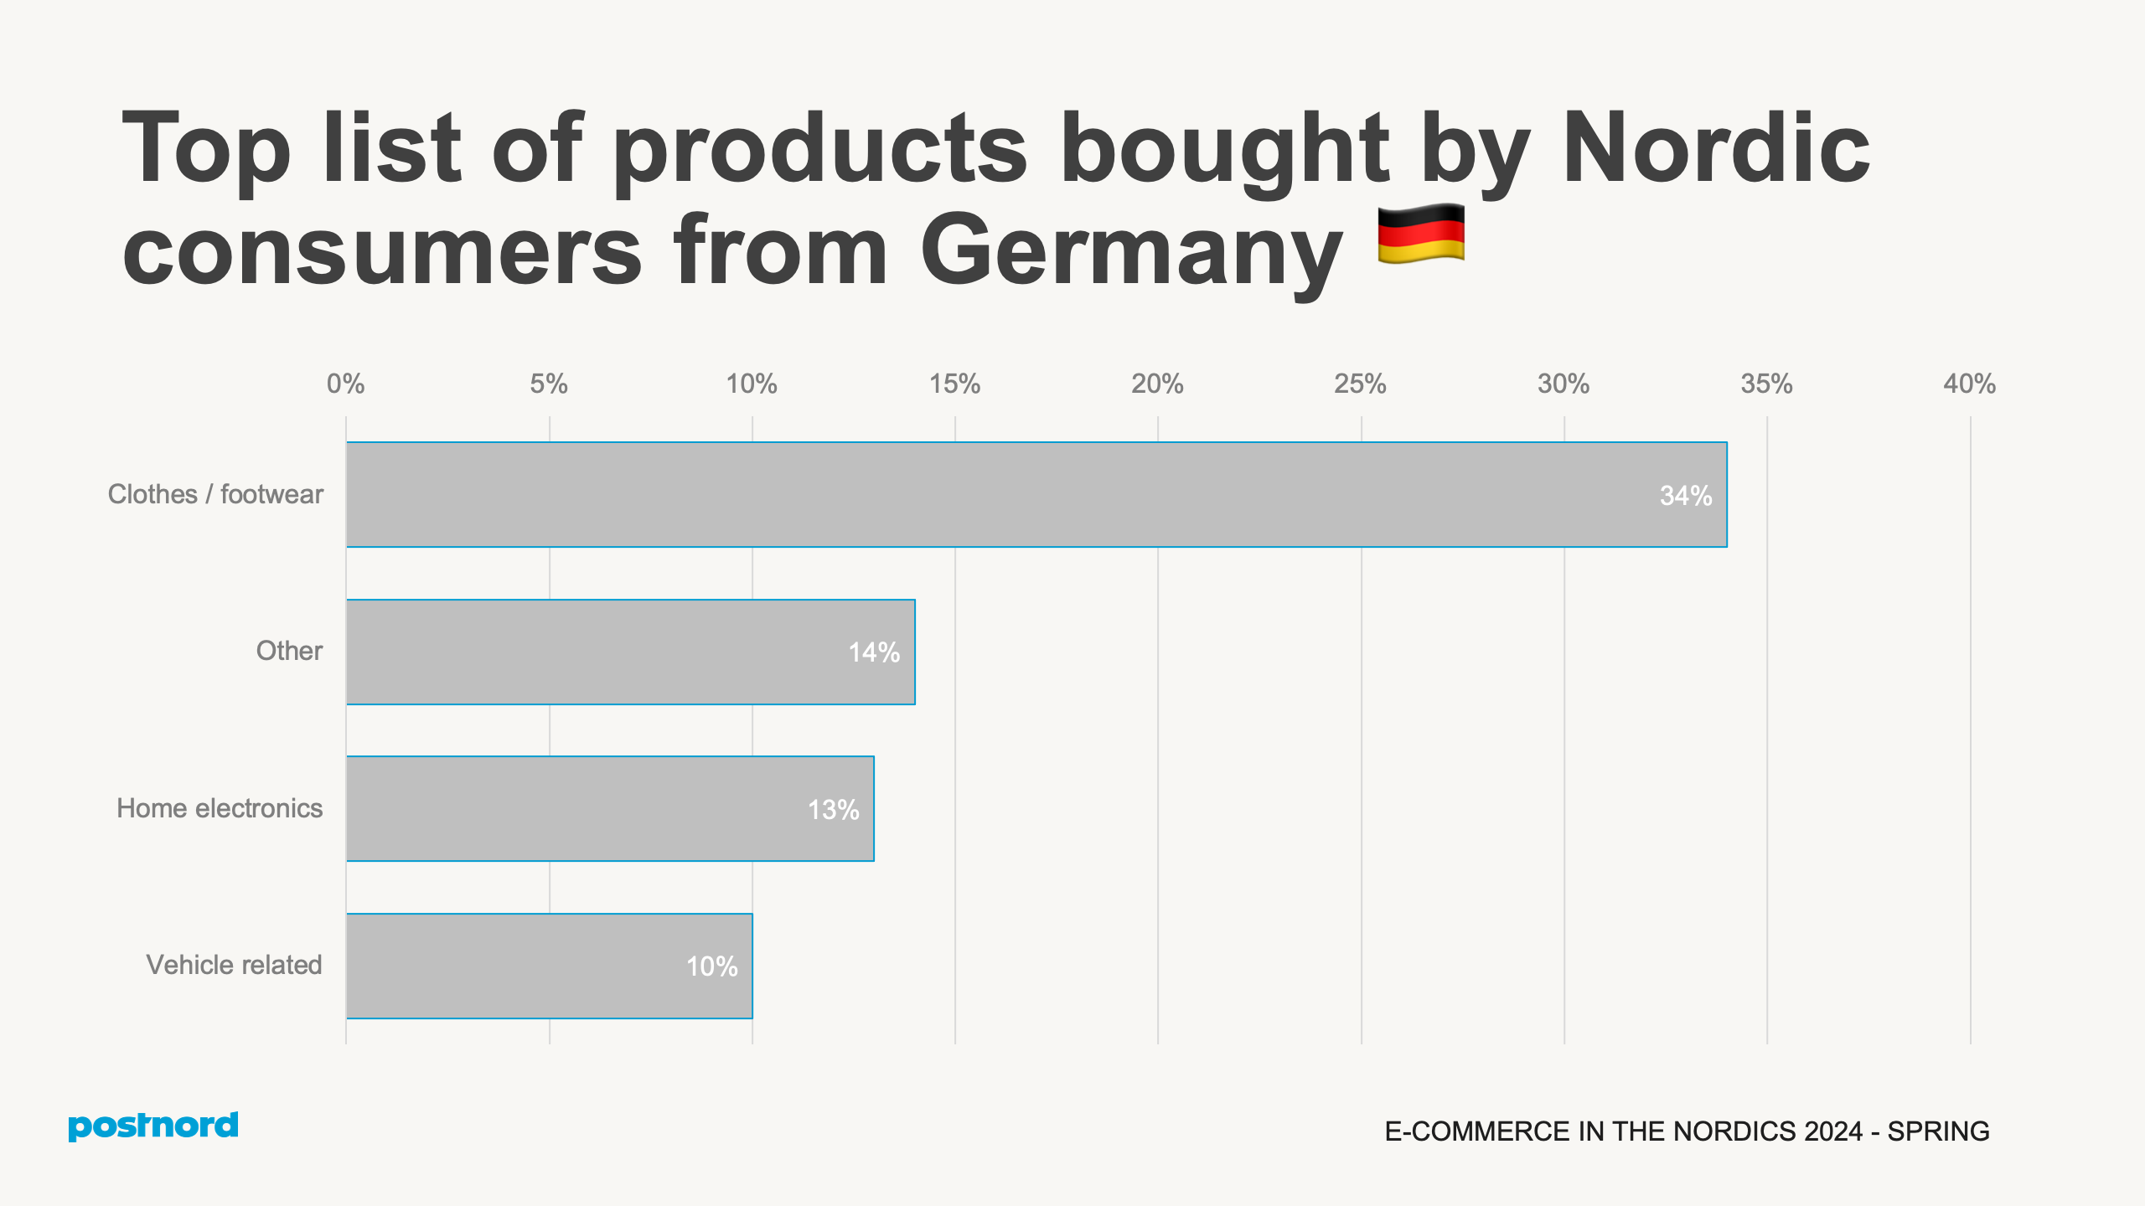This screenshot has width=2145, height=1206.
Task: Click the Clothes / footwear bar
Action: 1036,494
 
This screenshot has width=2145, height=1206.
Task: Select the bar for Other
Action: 630,652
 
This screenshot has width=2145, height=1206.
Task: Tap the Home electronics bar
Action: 610,808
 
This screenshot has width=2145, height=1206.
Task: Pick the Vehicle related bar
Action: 549,966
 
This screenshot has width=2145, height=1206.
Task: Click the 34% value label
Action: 1685,496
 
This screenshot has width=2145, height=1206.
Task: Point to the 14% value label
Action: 874,652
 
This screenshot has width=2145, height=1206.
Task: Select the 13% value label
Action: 833,810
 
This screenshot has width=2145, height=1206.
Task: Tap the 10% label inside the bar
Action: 711,966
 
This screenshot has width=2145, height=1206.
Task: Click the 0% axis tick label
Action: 345,384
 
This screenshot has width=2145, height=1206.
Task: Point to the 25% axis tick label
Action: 1360,384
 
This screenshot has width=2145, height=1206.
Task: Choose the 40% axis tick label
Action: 1969,384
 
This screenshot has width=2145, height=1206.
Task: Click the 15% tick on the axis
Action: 954,384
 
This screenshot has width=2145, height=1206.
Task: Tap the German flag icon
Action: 1421,234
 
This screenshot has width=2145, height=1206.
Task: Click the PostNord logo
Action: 153,1126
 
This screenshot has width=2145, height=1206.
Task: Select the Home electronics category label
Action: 220,808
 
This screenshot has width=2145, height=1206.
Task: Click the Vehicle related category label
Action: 234,965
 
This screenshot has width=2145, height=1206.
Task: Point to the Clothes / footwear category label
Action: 215,494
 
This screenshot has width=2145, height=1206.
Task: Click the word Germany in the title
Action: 1131,251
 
